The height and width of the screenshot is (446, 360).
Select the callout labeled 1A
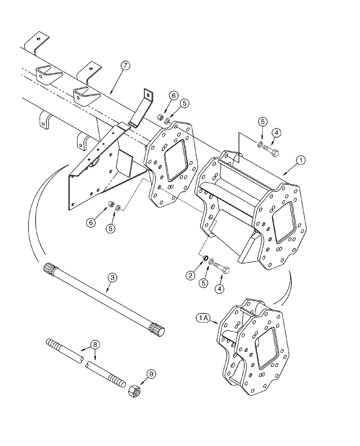click(205, 318)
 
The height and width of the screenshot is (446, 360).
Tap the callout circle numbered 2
click(191, 276)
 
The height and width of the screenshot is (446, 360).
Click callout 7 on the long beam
click(125, 66)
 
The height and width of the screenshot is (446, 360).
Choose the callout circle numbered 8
click(94, 345)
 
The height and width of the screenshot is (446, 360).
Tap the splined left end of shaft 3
click(50, 269)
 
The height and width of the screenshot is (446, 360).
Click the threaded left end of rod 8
click(54, 344)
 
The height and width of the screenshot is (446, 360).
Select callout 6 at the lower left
click(91, 222)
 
